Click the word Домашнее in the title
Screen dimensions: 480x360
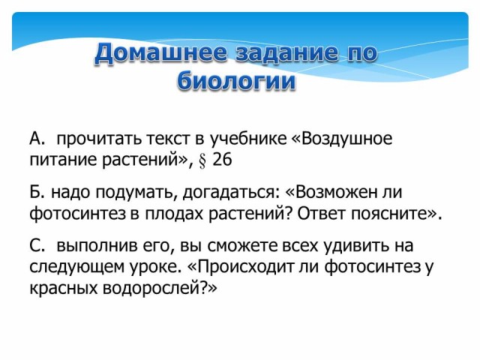tap(161, 53)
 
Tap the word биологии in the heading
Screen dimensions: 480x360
tap(236, 82)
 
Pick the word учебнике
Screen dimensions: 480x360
tap(248, 139)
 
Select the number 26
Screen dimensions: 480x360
tap(222, 160)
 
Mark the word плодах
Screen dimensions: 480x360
tap(173, 213)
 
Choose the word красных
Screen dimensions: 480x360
tap(63, 289)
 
